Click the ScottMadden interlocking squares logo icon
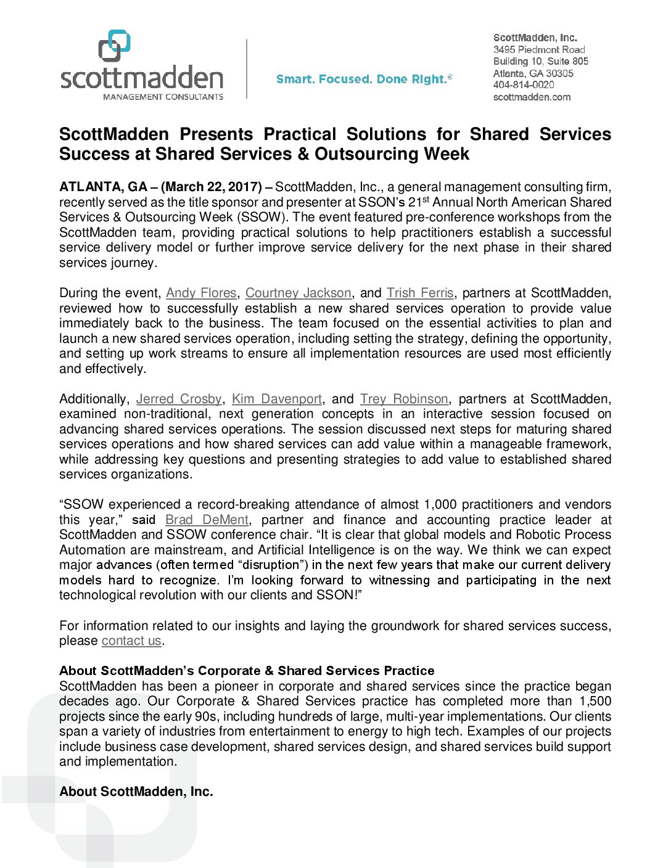point(114,46)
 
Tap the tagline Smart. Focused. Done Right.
point(364,79)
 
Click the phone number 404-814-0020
point(524,85)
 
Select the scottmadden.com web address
point(532,97)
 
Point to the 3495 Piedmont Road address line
point(539,49)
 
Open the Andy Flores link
point(201,293)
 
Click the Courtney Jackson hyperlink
point(298,293)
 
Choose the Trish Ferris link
point(420,293)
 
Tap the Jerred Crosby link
point(178,399)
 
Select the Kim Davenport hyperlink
point(277,399)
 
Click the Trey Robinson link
point(404,399)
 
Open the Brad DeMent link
point(207,520)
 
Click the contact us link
point(131,641)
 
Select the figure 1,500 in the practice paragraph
point(595,701)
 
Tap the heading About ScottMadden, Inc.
point(136,792)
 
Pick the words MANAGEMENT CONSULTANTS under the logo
point(163,97)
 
